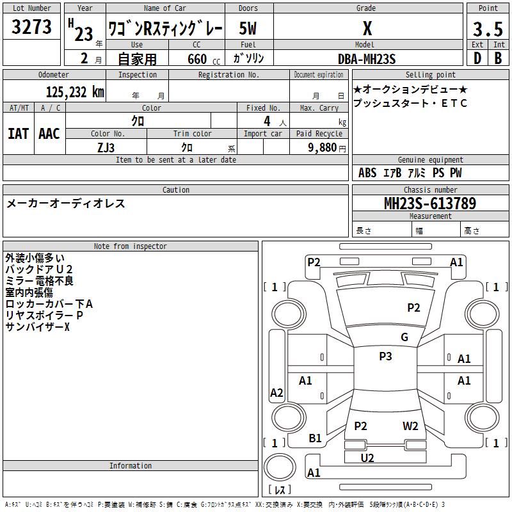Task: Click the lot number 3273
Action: tap(31, 27)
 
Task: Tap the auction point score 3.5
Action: tap(488, 29)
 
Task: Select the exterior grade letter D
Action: tap(477, 58)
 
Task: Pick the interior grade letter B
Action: tap(498, 58)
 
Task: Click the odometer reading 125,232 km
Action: tap(75, 92)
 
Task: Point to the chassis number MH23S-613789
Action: tap(430, 204)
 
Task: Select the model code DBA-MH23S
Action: tap(367, 59)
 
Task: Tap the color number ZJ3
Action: tap(106, 148)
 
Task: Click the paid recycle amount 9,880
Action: tap(323, 148)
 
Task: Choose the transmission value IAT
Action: tap(19, 134)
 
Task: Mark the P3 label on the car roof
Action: tap(385, 356)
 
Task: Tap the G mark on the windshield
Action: tap(404, 337)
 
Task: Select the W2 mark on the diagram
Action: tap(410, 426)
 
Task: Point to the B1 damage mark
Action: tap(315, 438)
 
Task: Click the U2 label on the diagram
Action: tap(367, 458)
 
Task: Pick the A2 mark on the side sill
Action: tap(276, 392)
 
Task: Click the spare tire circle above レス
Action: tap(280, 467)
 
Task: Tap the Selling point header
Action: tap(430, 75)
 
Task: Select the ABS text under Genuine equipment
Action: tap(367, 173)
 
